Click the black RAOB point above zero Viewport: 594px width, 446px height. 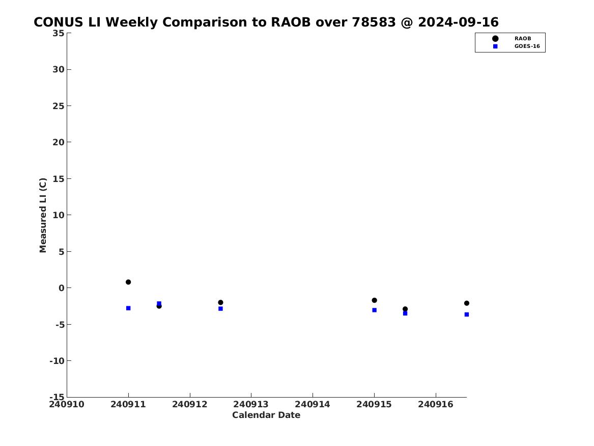(x=128, y=282)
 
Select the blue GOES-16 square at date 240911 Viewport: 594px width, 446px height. (x=128, y=308)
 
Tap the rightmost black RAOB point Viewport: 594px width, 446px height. (x=467, y=303)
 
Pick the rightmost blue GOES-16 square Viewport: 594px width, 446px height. (x=467, y=314)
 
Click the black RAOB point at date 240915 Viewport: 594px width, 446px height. (x=374, y=300)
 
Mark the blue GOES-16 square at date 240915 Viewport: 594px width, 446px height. (x=374, y=310)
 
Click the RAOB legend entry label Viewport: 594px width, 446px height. (x=523, y=39)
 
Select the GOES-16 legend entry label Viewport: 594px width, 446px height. (x=527, y=46)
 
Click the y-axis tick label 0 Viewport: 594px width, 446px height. (x=62, y=288)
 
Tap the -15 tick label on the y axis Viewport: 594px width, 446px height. (x=57, y=397)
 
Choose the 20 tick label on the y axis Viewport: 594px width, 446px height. (x=59, y=142)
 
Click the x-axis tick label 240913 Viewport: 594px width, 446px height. (x=251, y=405)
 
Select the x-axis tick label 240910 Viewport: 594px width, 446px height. (x=67, y=405)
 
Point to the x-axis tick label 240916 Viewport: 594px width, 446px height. (x=436, y=405)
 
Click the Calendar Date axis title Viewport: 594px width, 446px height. (x=266, y=415)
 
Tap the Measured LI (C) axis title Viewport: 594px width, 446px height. (x=43, y=215)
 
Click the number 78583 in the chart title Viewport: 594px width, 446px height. (x=374, y=22)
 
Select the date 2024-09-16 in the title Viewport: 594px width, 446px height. (x=459, y=22)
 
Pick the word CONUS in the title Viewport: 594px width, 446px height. (x=59, y=22)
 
